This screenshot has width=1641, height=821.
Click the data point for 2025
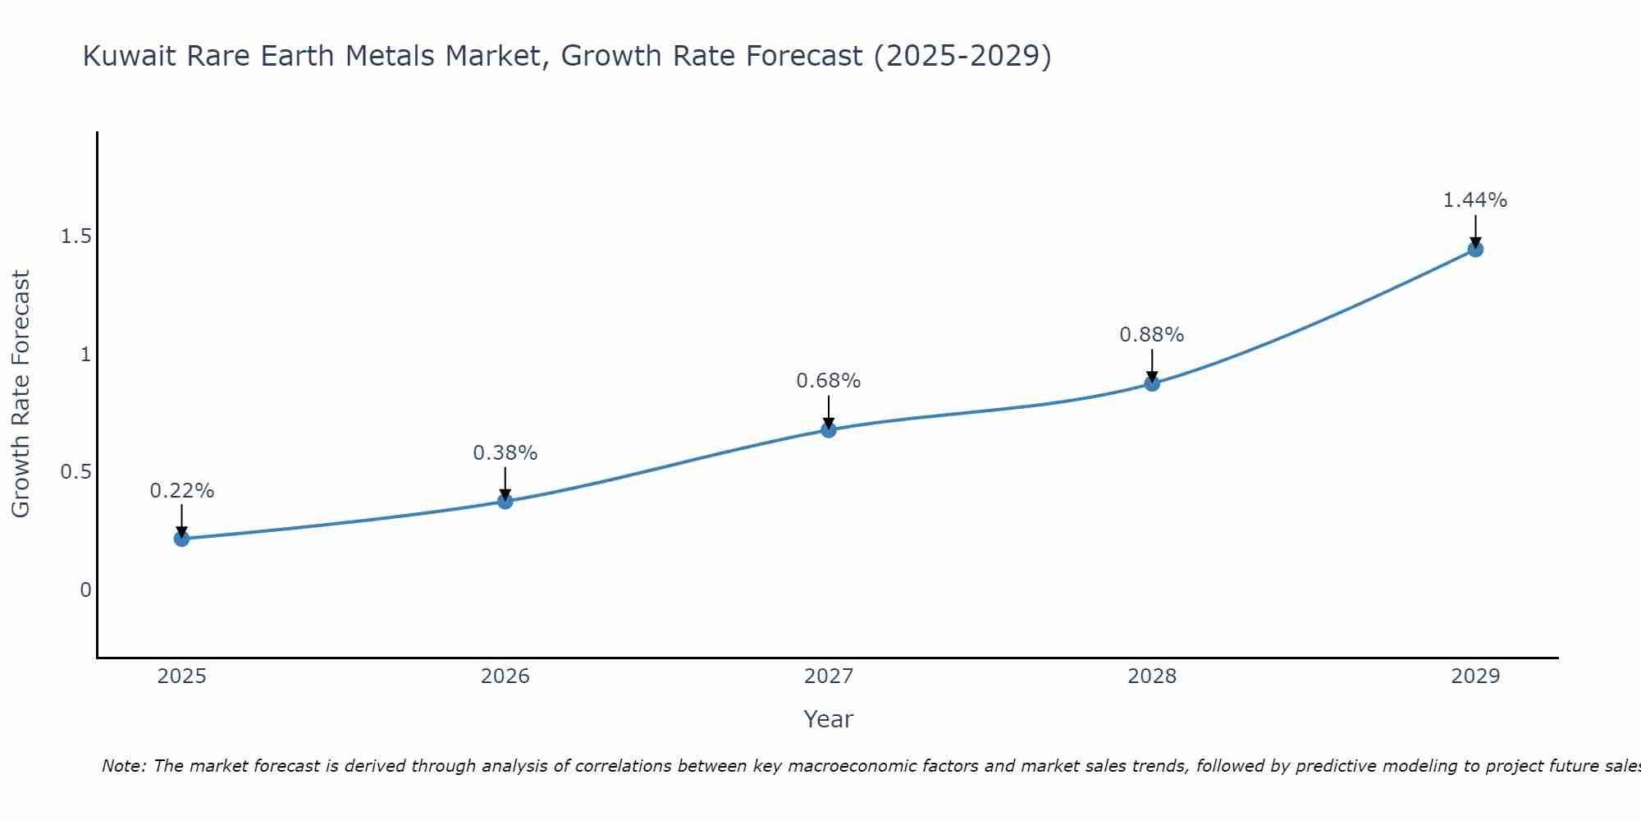[181, 539]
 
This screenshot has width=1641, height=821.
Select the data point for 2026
[505, 501]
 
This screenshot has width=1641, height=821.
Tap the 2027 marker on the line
[829, 429]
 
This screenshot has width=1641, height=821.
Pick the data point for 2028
[1152, 383]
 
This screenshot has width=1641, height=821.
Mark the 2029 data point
[1475, 250]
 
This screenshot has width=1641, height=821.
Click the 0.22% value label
[181, 491]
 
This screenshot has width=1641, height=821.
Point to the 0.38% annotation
[505, 453]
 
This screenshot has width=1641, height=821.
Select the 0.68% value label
[829, 381]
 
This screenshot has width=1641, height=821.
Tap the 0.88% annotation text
[1152, 335]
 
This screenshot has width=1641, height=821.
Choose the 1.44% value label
[1475, 200]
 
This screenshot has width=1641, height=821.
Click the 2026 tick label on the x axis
[505, 677]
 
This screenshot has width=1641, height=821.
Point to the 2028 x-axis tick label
[1152, 677]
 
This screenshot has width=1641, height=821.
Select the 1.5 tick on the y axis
[75, 236]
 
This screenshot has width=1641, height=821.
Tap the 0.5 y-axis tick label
[75, 472]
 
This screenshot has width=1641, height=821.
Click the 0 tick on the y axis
[85, 590]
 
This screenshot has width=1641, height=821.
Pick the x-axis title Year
[829, 719]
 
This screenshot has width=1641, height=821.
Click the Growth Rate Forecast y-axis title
[21, 394]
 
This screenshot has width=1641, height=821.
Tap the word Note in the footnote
[123, 766]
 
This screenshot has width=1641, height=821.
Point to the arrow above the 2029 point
[1475, 231]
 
